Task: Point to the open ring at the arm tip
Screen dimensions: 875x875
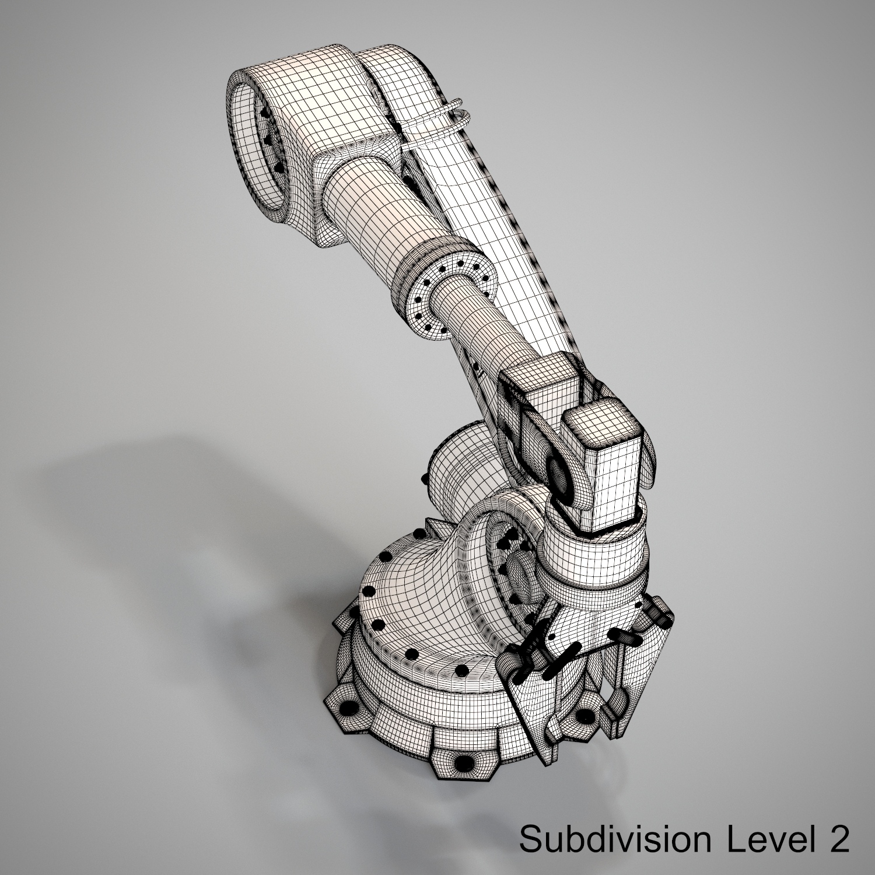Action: click(257, 149)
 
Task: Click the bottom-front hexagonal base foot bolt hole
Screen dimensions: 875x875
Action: click(466, 762)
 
